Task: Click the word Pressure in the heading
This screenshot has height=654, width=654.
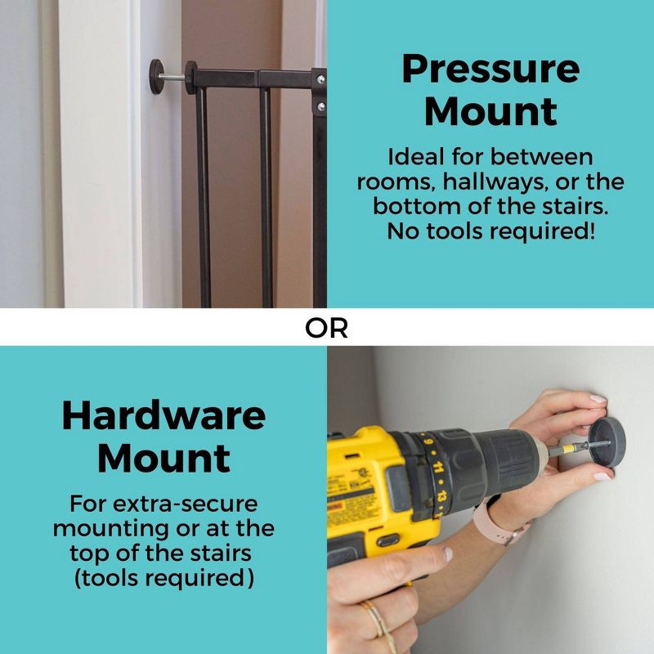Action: coord(490,69)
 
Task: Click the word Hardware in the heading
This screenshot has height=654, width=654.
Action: coord(163,415)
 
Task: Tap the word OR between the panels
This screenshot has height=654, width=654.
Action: coord(326,329)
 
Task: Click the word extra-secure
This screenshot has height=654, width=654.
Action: coord(186,504)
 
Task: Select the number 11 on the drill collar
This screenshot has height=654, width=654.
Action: coord(437,466)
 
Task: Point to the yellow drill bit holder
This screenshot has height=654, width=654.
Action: coord(567,449)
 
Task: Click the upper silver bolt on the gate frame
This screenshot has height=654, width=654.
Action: coord(320,78)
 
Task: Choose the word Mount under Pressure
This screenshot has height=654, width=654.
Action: coord(490,111)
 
